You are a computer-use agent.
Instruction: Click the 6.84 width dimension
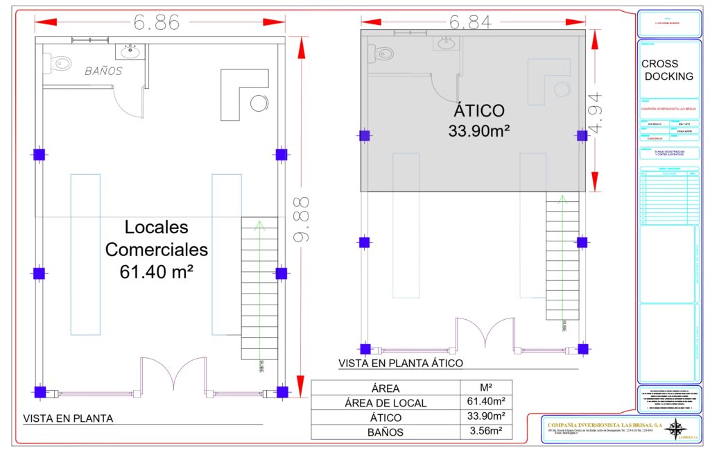tap(471, 22)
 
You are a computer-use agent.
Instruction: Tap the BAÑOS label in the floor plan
tap(104, 71)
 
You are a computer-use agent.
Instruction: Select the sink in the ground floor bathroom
tap(130, 51)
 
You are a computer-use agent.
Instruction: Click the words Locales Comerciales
tap(157, 238)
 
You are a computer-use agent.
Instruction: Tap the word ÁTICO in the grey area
tap(479, 111)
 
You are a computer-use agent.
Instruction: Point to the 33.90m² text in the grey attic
tap(479, 131)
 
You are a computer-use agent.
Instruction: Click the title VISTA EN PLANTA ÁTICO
tap(400, 363)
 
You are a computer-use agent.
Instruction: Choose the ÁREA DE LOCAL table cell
tap(386, 402)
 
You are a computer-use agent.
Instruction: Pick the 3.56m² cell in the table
tap(485, 432)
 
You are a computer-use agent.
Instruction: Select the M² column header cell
tap(485, 388)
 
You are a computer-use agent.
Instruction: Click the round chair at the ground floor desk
tap(259, 103)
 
